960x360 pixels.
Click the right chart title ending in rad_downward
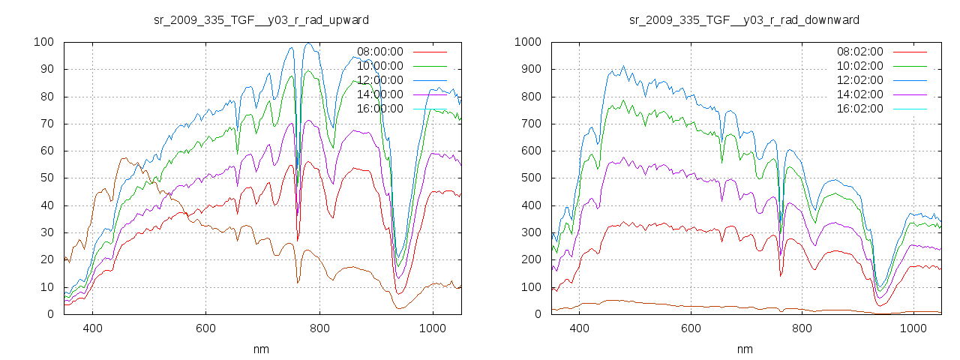click(x=744, y=19)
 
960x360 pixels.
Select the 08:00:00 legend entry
click(x=379, y=52)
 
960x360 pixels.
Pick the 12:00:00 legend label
click(x=379, y=80)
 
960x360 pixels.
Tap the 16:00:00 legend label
click(x=379, y=109)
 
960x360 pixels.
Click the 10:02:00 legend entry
click(x=860, y=66)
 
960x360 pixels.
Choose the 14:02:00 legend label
click(x=860, y=94)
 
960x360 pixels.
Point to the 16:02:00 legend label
click(x=860, y=109)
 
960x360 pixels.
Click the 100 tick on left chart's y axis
click(x=43, y=42)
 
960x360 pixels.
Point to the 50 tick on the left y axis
click(x=46, y=178)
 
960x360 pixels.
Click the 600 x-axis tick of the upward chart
click(x=205, y=328)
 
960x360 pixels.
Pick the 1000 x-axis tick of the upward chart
click(x=432, y=328)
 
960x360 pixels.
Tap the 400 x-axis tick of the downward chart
click(x=578, y=328)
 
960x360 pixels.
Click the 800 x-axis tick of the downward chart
click(x=802, y=328)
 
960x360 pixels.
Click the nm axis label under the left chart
click(x=262, y=349)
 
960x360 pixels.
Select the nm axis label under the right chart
click(x=744, y=349)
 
